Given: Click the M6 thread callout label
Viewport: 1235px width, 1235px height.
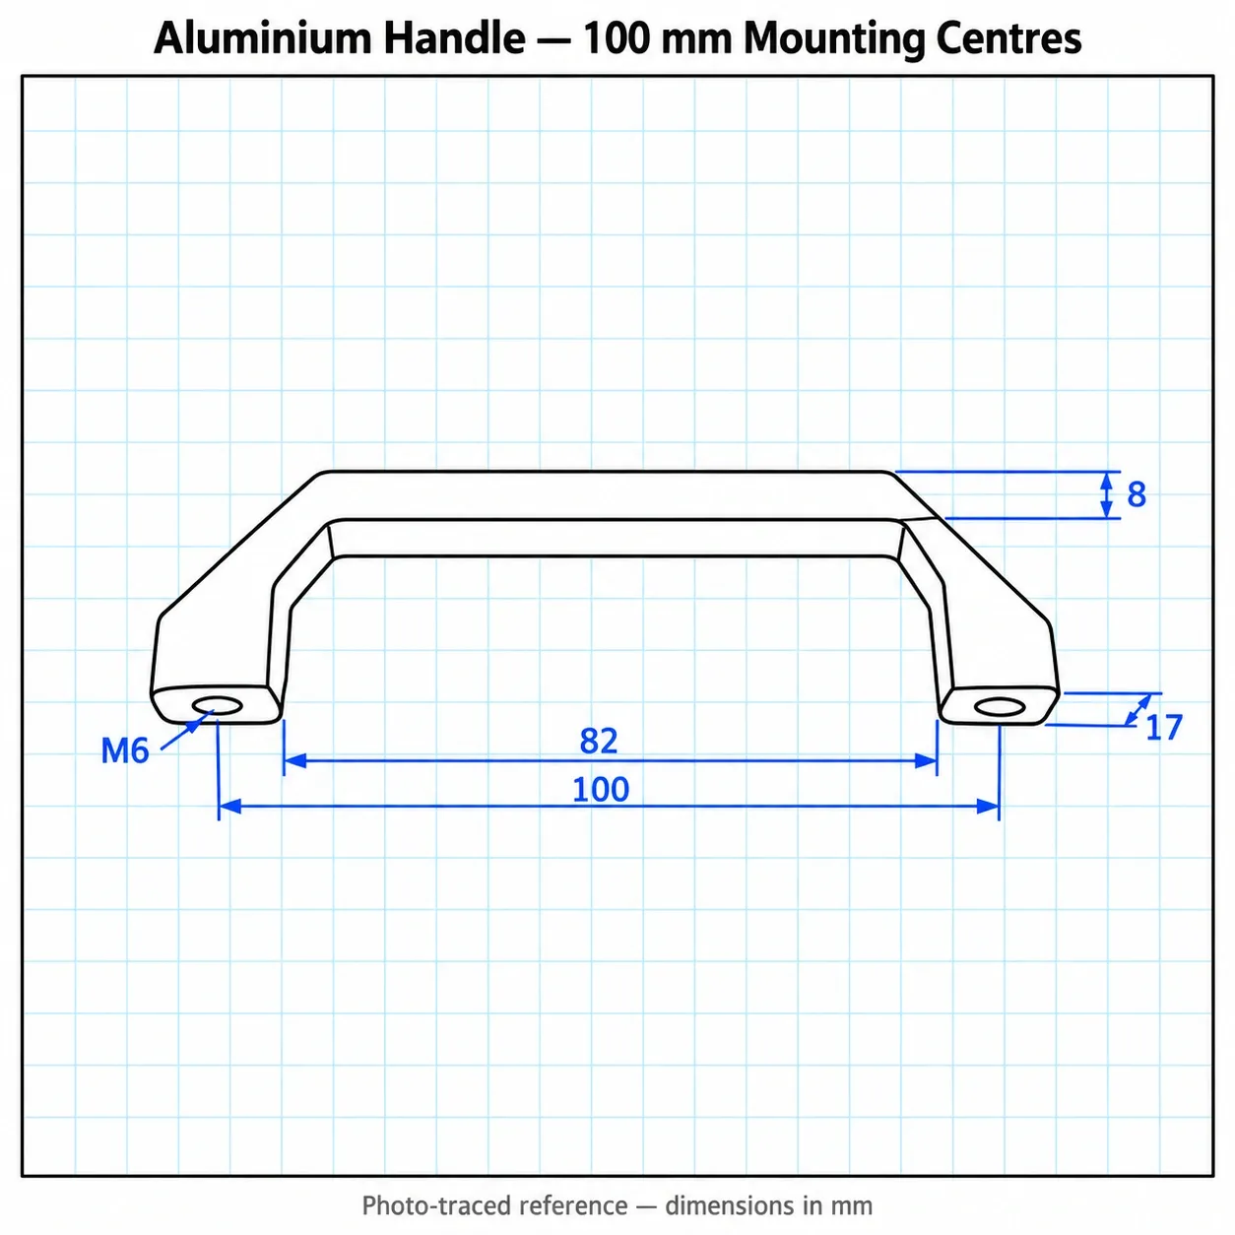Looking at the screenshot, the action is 125,750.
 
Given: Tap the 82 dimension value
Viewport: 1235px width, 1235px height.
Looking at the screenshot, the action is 598,741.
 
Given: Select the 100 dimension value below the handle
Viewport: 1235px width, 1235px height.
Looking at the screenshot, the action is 601,790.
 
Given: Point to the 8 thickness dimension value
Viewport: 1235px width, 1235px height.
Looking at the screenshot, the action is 1137,494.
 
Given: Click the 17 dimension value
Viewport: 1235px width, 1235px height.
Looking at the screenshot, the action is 1163,728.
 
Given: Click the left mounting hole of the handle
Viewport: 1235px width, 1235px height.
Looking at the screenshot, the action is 217,706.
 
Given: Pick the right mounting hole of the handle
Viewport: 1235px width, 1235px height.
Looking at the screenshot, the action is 1000,707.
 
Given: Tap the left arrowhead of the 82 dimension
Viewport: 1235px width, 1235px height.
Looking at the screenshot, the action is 294,760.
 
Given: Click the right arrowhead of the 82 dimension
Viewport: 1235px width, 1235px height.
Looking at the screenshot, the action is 926,760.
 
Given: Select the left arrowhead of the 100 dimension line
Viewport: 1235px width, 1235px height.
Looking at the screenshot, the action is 230,807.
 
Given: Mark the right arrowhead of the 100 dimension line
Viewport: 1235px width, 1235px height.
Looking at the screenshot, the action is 988,807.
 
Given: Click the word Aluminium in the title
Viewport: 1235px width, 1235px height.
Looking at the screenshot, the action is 263,38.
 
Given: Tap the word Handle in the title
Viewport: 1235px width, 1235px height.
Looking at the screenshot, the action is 454,38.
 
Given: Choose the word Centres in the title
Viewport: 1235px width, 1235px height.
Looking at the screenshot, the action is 1008,38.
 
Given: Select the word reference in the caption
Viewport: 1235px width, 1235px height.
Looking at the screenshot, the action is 573,1206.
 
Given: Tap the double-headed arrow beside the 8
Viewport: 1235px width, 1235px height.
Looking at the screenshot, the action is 1106,494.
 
